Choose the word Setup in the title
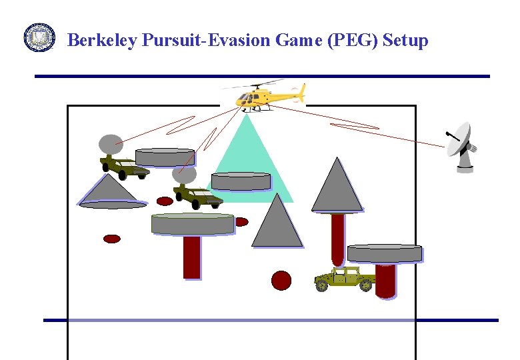405,41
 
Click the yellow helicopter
263,96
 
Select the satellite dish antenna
462,147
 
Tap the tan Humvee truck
344,279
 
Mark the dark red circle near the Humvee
281,280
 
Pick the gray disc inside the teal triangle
241,181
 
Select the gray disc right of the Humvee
385,253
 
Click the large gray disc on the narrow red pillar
193,223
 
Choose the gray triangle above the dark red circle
277,223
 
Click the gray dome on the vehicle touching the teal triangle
184,175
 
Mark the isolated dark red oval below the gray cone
112,238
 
